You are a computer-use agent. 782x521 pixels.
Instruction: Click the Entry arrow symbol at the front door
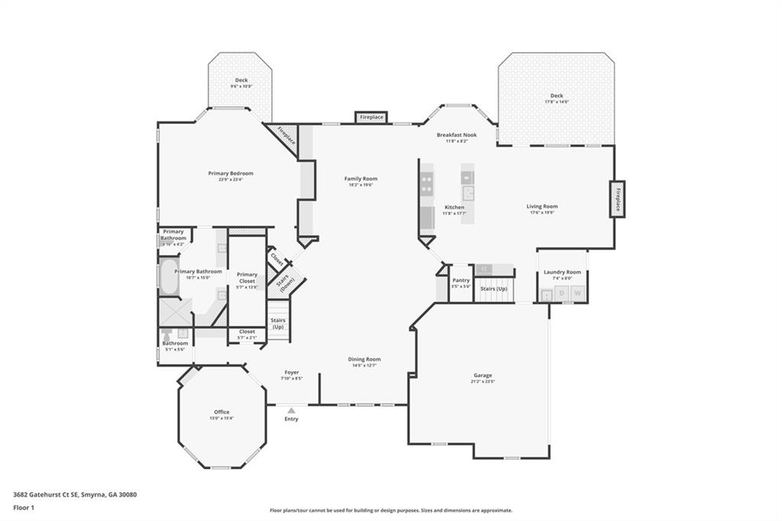pyautogui.click(x=291, y=410)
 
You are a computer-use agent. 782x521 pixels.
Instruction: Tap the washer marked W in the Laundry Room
pyautogui.click(x=577, y=293)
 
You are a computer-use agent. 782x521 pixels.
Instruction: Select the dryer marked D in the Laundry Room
pyautogui.click(x=562, y=293)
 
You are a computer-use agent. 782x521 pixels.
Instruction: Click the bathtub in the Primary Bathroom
pyautogui.click(x=167, y=279)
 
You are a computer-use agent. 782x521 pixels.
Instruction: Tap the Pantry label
pyautogui.click(x=460, y=280)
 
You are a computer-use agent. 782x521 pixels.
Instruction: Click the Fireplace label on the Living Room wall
pyautogui.click(x=617, y=199)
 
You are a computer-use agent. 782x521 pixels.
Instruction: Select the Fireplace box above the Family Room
pyautogui.click(x=372, y=118)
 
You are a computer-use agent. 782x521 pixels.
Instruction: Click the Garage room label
pyautogui.click(x=483, y=375)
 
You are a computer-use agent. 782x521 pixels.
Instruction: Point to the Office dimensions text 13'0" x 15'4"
pyautogui.click(x=221, y=419)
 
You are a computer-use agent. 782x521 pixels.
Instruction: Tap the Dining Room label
pyautogui.click(x=364, y=359)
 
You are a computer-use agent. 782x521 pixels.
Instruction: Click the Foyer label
pyautogui.click(x=292, y=372)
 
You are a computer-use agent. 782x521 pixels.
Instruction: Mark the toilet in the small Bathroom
pyautogui.click(x=167, y=335)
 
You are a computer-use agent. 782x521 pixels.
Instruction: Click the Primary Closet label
pyautogui.click(x=247, y=275)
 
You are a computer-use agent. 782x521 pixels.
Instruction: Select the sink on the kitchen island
pyautogui.click(x=467, y=193)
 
